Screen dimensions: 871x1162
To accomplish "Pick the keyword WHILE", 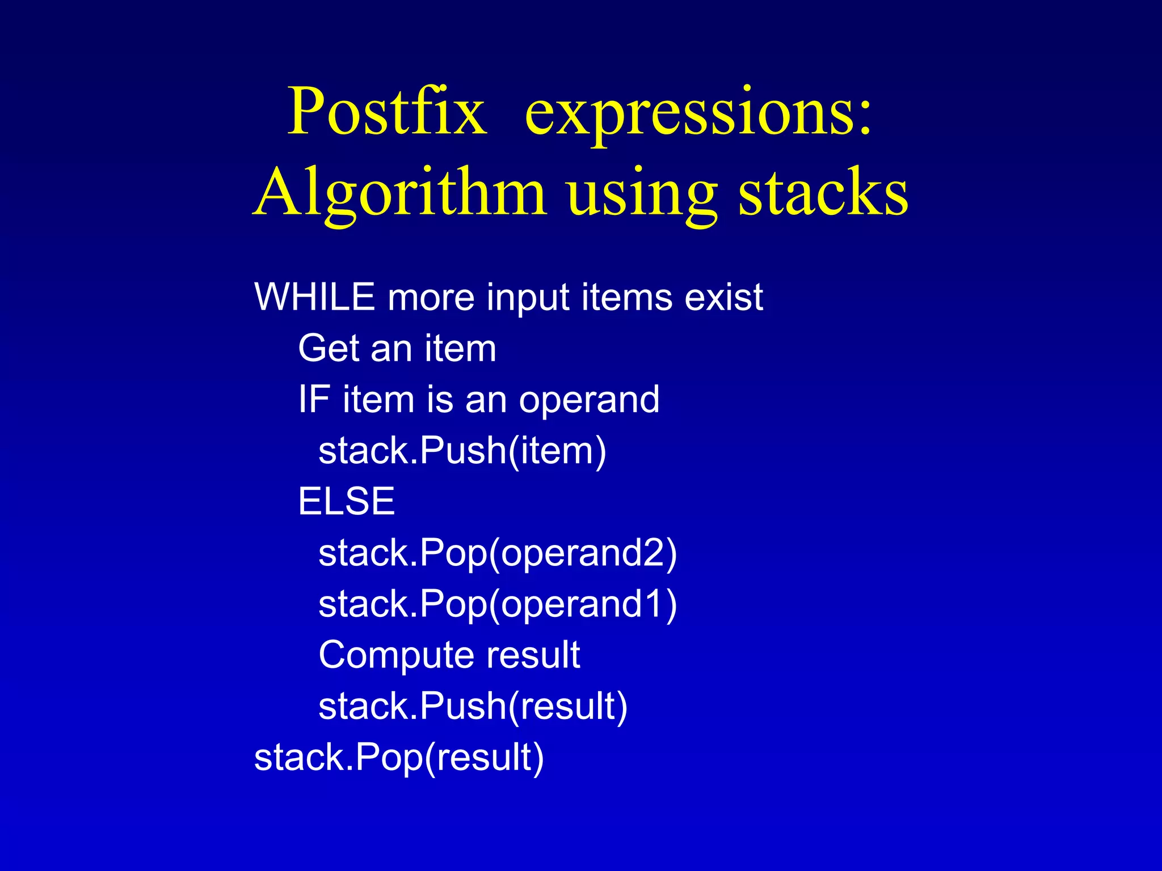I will click(x=314, y=297).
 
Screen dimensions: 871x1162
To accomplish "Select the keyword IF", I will click(x=314, y=399).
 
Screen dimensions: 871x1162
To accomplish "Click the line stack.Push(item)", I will click(x=462, y=451).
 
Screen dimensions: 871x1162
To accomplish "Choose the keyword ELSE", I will click(x=346, y=501).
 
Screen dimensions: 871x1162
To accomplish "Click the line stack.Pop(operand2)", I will click(x=498, y=553).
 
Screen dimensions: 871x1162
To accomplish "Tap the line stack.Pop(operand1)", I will click(x=498, y=604).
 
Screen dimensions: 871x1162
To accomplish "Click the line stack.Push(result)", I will click(x=473, y=706).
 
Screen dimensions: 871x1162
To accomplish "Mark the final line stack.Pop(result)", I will click(x=399, y=758).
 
